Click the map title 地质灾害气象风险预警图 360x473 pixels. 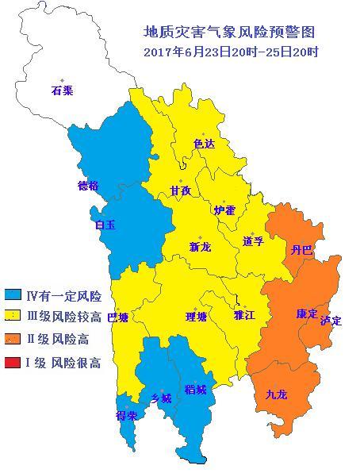(230, 33)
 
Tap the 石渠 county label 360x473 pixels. (62, 90)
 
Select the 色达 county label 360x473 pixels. (205, 144)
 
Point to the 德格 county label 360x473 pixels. (88, 186)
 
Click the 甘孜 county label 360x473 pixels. (181, 190)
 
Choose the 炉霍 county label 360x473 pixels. (224, 210)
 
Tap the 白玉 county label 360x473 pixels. (105, 225)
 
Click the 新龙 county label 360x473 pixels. (200, 247)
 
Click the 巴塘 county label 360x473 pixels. (117, 317)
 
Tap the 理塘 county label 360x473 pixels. (196, 317)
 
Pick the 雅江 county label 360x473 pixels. (244, 315)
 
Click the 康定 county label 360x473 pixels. (307, 313)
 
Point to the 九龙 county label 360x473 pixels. (277, 394)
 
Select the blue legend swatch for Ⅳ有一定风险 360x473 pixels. (13, 296)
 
